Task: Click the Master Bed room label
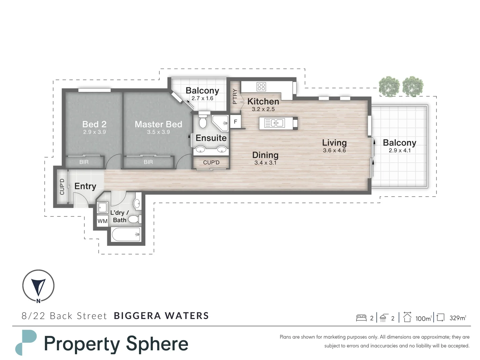pyautogui.click(x=158, y=124)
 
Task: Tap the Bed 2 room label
pyautogui.click(x=94, y=124)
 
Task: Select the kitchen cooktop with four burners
pyautogui.click(x=261, y=87)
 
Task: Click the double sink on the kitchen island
pyautogui.click(x=274, y=123)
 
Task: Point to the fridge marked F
pyautogui.click(x=236, y=122)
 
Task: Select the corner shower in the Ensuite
pyautogui.click(x=220, y=123)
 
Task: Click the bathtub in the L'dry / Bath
pyautogui.click(x=126, y=234)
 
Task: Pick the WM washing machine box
pyautogui.click(x=102, y=221)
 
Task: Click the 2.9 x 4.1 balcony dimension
pyautogui.click(x=400, y=150)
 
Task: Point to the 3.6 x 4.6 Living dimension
pyautogui.click(x=334, y=150)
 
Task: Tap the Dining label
pyautogui.click(x=265, y=155)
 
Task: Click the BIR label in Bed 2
pyautogui.click(x=84, y=162)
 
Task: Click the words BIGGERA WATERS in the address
pyautogui.click(x=161, y=316)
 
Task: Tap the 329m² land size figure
pyautogui.click(x=458, y=318)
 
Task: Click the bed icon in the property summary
pyautogui.click(x=361, y=318)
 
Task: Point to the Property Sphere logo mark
pyautogui.click(x=26, y=343)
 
